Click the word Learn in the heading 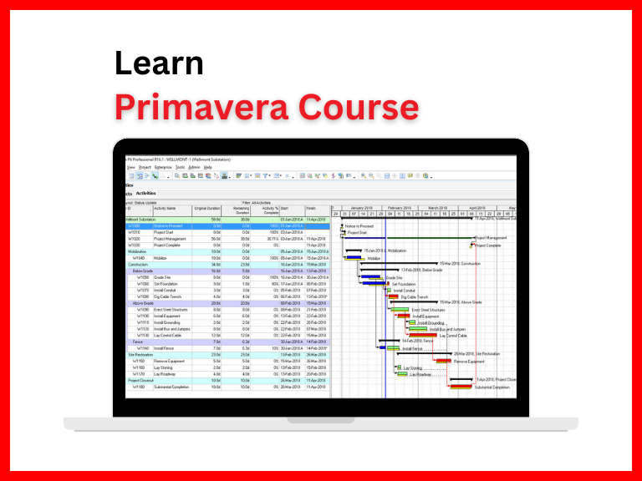coord(159,64)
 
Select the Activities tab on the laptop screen coord(146,193)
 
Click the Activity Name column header coord(166,208)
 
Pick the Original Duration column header coord(207,208)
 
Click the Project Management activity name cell coord(171,239)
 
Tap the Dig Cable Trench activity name coord(170,296)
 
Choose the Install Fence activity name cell coord(166,348)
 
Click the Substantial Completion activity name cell coord(174,387)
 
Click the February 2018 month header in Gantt coord(400,207)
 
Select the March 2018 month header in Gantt coord(438,207)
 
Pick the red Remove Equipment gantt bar coord(442,361)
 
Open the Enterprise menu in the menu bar coord(162,167)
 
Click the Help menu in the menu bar coord(208,167)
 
